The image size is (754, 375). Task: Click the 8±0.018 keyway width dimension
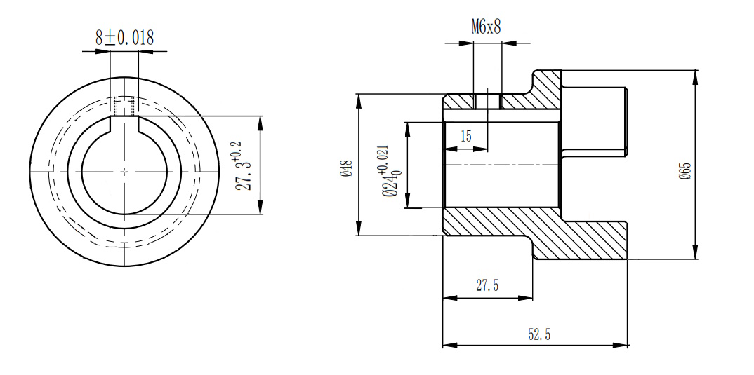(x=124, y=38)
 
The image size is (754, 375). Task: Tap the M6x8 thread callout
(x=487, y=27)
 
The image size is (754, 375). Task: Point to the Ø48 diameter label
(x=345, y=169)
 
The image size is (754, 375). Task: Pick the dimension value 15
(x=466, y=136)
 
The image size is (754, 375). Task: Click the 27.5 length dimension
(x=487, y=285)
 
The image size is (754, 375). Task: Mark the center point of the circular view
(x=124, y=170)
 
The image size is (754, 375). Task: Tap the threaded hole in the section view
(x=487, y=101)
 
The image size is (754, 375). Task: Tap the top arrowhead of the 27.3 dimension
(x=260, y=121)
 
